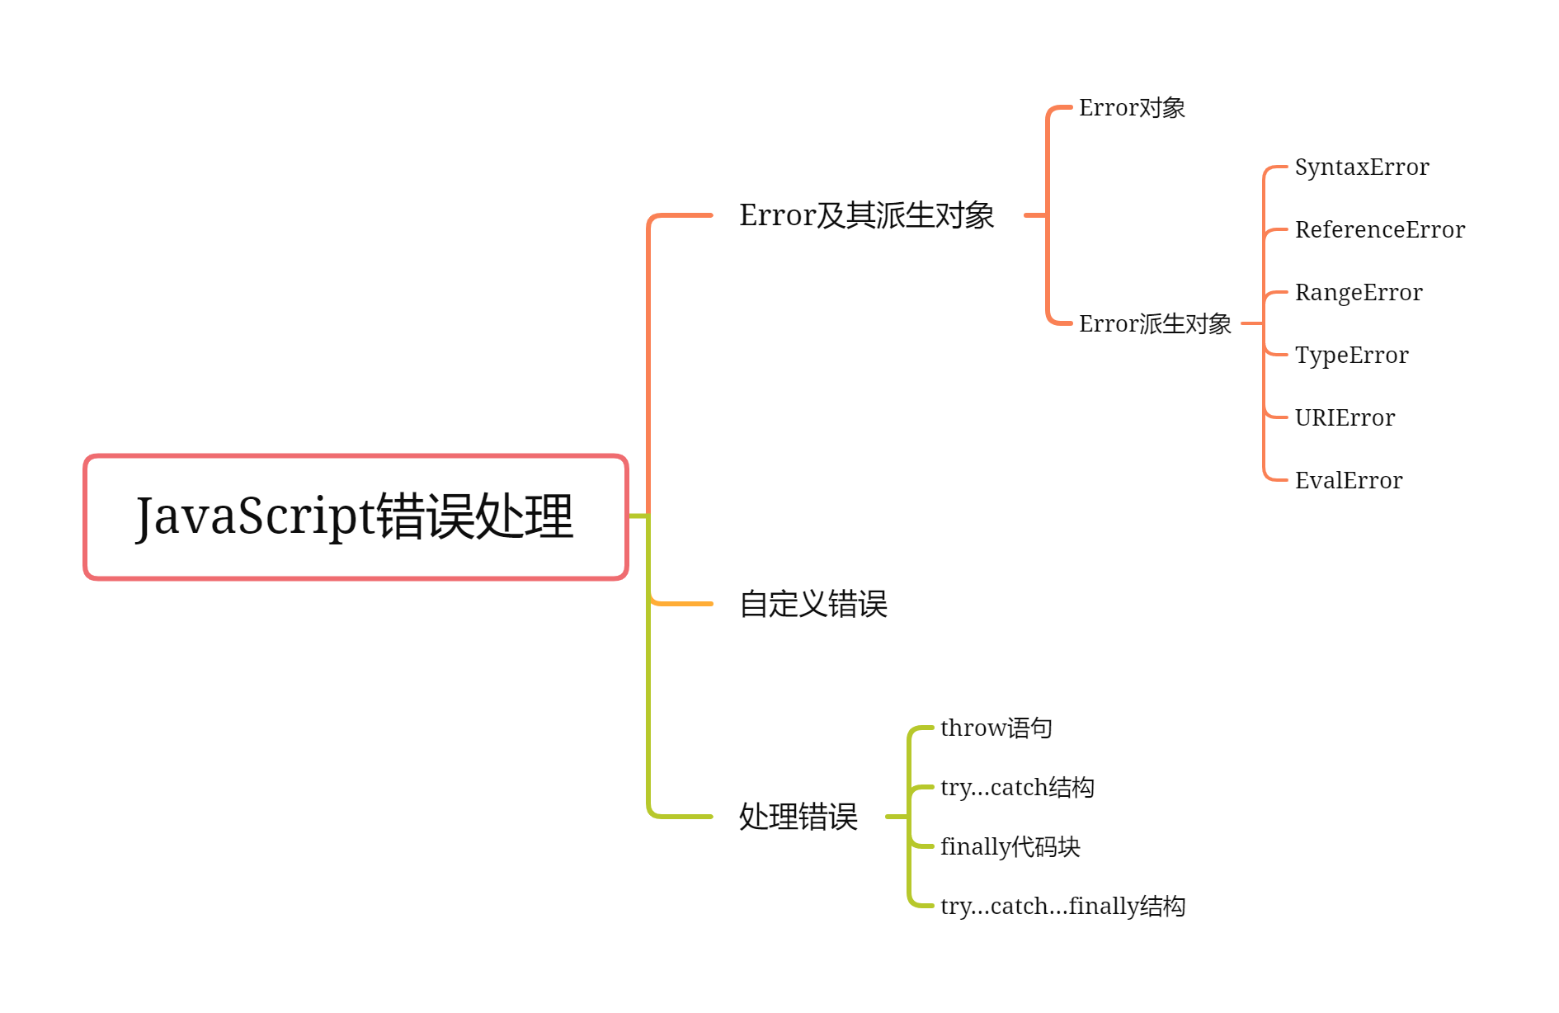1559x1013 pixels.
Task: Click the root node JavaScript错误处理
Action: (356, 517)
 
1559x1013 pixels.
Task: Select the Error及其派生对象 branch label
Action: (866, 215)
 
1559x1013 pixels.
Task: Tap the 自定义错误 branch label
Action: (813, 604)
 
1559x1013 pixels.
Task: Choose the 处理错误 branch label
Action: (798, 817)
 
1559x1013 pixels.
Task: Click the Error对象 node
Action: (1132, 108)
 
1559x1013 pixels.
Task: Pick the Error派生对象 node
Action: (1155, 323)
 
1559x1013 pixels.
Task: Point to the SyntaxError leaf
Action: (1362, 167)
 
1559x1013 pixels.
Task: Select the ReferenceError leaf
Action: (1380, 230)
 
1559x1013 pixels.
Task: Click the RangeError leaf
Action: (1359, 293)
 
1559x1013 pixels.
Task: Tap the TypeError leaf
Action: (1352, 356)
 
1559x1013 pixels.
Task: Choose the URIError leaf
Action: (1345, 418)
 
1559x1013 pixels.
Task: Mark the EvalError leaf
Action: (1349, 481)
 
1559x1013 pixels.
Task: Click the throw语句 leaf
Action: (996, 728)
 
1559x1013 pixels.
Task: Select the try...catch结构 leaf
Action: (1017, 788)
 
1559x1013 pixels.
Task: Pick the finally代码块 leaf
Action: (1010, 847)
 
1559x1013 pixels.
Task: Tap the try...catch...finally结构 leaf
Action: (1062, 907)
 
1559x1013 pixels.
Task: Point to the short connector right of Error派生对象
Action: (1250, 323)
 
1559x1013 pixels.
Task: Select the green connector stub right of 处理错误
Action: (896, 817)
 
